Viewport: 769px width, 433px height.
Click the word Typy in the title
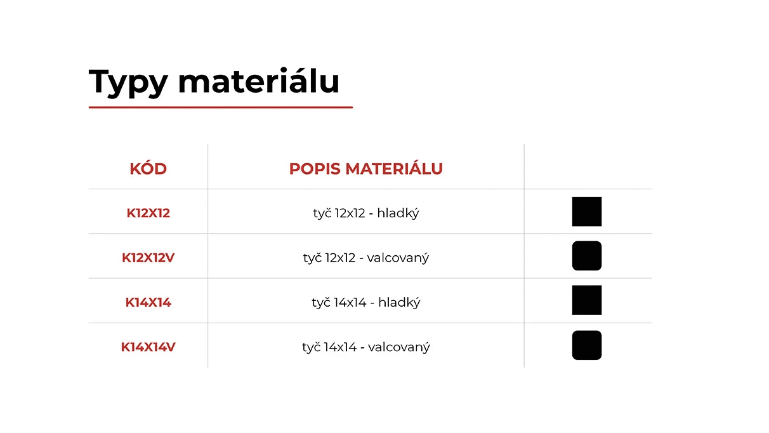128,83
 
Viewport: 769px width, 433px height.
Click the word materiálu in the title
258,81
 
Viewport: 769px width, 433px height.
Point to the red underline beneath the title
221,107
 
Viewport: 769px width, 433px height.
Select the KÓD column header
148,168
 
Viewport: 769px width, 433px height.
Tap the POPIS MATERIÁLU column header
366,168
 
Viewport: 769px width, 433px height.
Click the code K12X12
148,213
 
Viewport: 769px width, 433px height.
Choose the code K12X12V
148,258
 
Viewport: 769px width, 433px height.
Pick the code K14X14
148,302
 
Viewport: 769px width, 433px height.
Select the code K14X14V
148,347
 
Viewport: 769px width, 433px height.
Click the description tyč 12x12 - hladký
366,213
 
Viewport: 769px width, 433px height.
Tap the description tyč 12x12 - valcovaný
366,258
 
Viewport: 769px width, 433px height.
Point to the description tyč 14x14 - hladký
366,303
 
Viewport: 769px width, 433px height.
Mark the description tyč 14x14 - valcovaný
366,347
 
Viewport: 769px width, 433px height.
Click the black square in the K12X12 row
587,211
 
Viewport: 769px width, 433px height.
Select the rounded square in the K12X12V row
587,256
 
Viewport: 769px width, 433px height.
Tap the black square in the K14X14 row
587,300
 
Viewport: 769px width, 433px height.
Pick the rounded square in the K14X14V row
587,345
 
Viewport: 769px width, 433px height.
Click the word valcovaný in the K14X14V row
399,348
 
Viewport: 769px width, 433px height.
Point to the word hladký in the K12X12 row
398,213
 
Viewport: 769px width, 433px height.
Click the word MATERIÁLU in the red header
394,168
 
